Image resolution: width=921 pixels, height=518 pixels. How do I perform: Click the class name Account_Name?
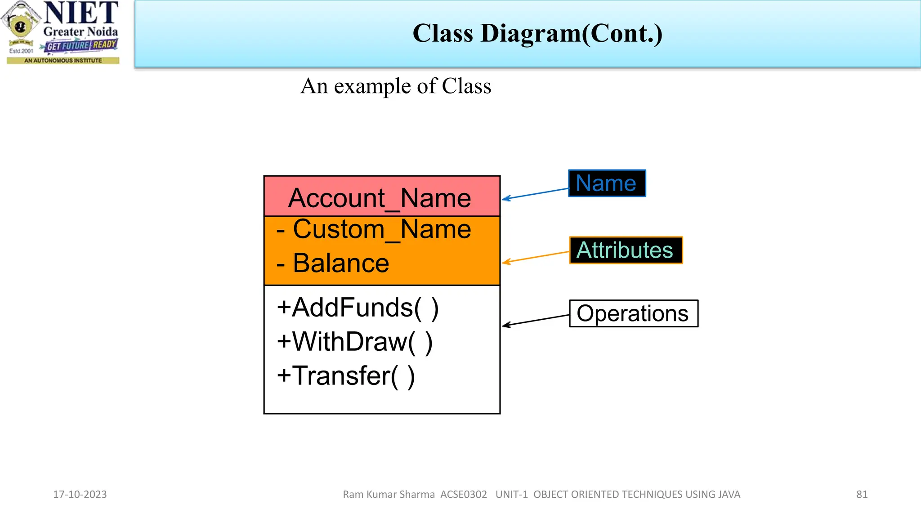[380, 198]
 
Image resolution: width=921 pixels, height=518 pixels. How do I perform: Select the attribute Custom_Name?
[382, 229]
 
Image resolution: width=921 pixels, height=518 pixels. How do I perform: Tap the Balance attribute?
[341, 263]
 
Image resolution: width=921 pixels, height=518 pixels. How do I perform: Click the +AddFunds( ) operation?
[358, 308]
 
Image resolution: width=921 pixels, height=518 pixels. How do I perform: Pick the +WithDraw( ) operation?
[355, 342]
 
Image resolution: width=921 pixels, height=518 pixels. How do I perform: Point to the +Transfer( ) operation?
[346, 376]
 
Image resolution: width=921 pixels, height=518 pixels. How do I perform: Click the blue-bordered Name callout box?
[607, 183]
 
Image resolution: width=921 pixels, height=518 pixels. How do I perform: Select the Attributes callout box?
[626, 250]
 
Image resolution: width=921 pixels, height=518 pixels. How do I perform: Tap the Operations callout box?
[633, 313]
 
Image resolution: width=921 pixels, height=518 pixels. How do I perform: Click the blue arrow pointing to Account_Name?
[535, 194]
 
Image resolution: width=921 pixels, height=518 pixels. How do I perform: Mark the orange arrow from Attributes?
[535, 257]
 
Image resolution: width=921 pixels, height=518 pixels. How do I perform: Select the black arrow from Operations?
[535, 320]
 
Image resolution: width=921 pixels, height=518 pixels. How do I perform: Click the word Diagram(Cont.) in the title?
[572, 34]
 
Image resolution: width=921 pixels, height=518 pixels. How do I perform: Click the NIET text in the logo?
[81, 13]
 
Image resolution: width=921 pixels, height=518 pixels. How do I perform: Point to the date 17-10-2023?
[80, 494]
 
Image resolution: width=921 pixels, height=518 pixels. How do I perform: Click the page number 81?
[862, 494]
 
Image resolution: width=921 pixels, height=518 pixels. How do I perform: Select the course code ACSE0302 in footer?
[463, 494]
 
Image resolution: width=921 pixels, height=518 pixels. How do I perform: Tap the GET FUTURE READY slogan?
[81, 45]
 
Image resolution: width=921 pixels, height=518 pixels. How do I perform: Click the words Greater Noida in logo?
[80, 32]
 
